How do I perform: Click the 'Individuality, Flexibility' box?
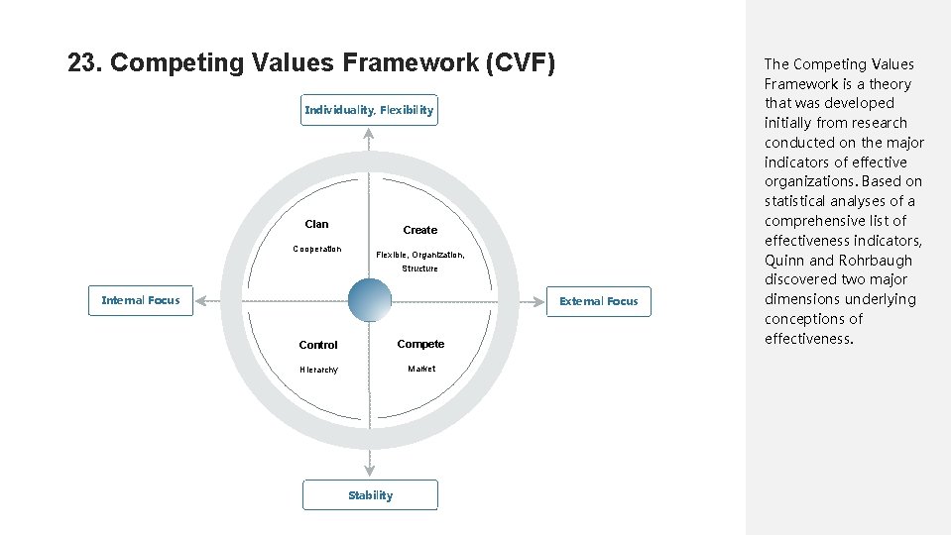pyautogui.click(x=369, y=110)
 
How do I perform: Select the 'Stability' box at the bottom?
pyautogui.click(x=370, y=495)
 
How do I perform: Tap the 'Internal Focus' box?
pyautogui.click(x=141, y=300)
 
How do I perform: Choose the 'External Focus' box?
pyautogui.click(x=599, y=301)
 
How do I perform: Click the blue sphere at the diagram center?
pyautogui.click(x=371, y=300)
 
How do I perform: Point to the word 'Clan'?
pyautogui.click(x=317, y=224)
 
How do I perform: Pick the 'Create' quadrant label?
pyautogui.click(x=419, y=230)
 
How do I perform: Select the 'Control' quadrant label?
pyautogui.click(x=318, y=345)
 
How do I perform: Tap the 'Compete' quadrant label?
pyautogui.click(x=420, y=344)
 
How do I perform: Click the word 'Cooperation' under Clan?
pyautogui.click(x=317, y=249)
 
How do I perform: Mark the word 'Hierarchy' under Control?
pyautogui.click(x=318, y=370)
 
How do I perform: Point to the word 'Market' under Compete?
pyautogui.click(x=421, y=369)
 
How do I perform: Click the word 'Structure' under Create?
pyautogui.click(x=419, y=268)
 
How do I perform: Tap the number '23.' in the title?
pyautogui.click(x=84, y=63)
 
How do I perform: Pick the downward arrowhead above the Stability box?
pyautogui.click(x=370, y=470)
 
